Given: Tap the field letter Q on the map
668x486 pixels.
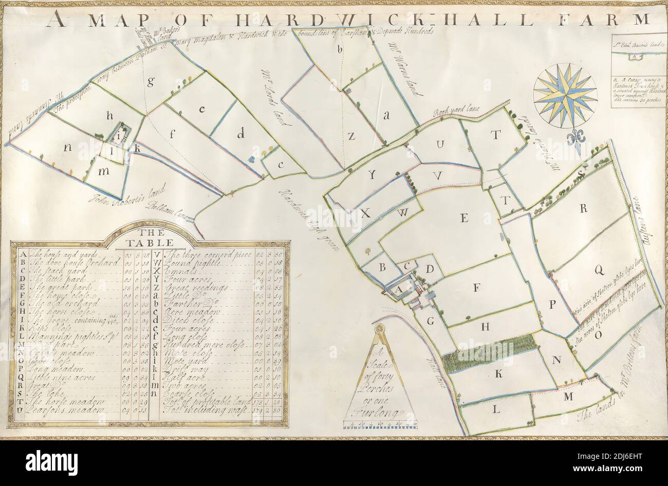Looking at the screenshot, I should point(599,269).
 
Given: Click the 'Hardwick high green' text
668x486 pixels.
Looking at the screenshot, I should point(308,221).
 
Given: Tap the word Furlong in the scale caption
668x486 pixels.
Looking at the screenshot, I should point(379,409).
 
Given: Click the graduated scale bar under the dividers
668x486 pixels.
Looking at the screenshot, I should point(379,424).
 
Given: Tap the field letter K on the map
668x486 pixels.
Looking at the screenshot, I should point(498,375).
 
